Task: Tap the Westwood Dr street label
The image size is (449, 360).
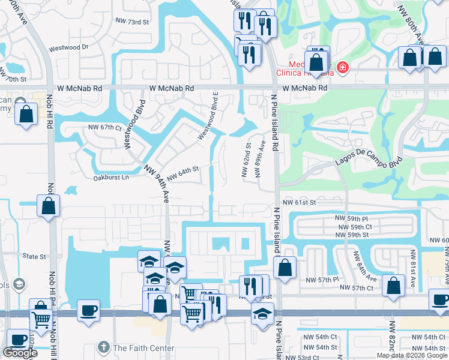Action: point(68,47)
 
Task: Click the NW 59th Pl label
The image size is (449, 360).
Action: point(354,220)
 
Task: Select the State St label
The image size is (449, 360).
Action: point(34,257)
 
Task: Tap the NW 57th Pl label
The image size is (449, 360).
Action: point(322,280)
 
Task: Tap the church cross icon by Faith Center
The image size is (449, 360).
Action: point(103,347)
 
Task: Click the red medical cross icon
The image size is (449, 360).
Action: point(342,68)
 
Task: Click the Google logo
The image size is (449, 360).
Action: point(20,353)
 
